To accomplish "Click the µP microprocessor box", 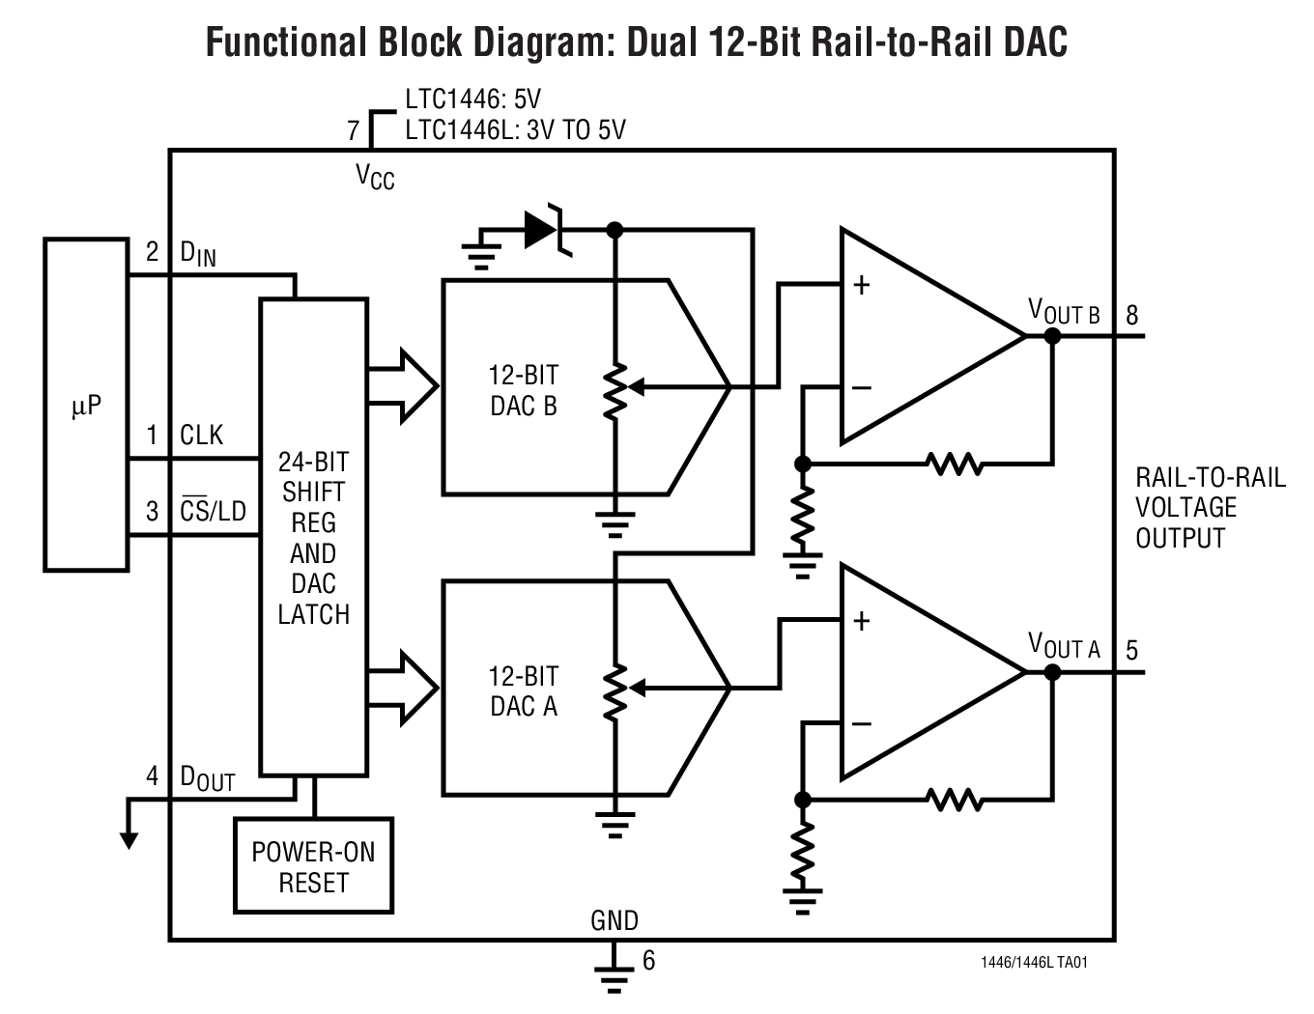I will (86, 406).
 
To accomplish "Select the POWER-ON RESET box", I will (313, 867).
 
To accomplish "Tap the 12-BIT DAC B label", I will (524, 390).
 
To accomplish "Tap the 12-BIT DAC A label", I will (524, 691).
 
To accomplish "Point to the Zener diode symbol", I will (544, 230).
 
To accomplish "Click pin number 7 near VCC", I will (354, 130).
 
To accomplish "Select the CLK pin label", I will (201, 436).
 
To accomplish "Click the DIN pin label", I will (198, 254).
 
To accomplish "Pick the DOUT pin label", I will (207, 777).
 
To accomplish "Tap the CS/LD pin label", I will (213, 511).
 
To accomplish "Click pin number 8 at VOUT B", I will (1132, 315).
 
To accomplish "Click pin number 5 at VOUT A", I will (1132, 650).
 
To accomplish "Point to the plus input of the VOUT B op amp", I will (861, 285).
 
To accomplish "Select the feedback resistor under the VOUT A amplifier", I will (955, 800).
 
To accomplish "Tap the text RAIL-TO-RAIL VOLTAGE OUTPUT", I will (1210, 508).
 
